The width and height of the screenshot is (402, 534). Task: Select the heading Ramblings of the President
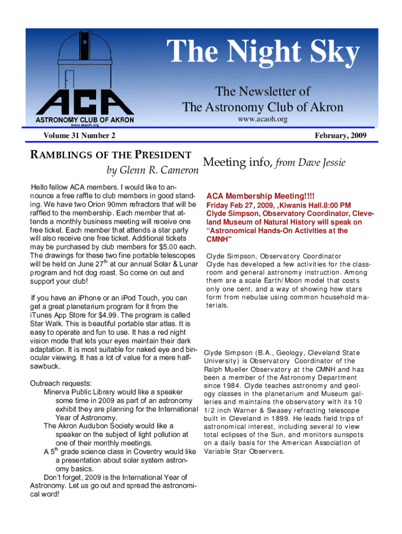point(111,155)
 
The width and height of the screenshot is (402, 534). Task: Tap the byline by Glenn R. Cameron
point(149,171)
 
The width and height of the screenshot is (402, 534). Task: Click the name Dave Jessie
point(320,163)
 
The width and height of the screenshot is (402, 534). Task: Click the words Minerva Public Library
point(83,392)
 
